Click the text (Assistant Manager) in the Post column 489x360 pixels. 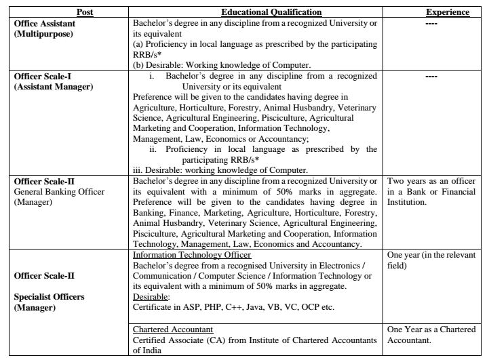click(x=54, y=87)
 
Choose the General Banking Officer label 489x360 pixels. click(x=60, y=192)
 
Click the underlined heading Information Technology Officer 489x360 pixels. click(x=192, y=255)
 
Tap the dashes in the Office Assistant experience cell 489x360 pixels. click(x=431, y=24)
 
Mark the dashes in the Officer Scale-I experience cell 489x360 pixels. click(x=431, y=77)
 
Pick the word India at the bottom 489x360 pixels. click(x=150, y=349)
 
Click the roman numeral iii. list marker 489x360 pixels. click(x=140, y=169)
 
